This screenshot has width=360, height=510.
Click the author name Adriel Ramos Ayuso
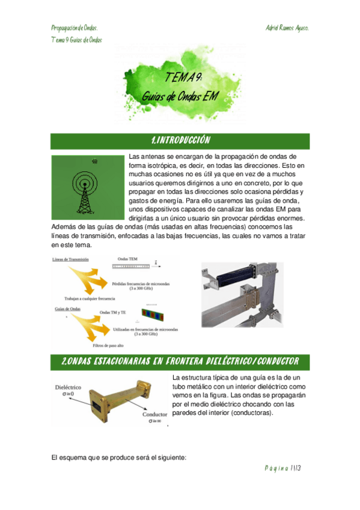(287, 28)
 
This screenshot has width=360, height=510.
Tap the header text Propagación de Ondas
(75, 28)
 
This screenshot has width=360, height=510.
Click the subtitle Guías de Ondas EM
(180, 96)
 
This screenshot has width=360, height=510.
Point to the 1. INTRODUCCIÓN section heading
(180, 141)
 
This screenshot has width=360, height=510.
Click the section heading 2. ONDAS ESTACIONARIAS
(180, 361)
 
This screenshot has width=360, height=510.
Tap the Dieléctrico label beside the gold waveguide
(69, 388)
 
